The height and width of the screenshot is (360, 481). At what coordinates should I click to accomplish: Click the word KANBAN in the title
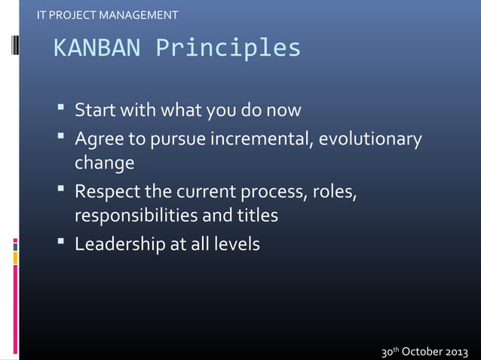click(x=97, y=49)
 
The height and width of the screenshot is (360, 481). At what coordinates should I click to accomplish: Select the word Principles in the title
click(x=228, y=49)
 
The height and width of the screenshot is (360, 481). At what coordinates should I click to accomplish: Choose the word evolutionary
click(x=372, y=140)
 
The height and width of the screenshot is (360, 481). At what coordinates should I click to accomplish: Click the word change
click(x=104, y=163)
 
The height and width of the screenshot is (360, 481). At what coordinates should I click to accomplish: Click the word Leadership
click(x=120, y=245)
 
